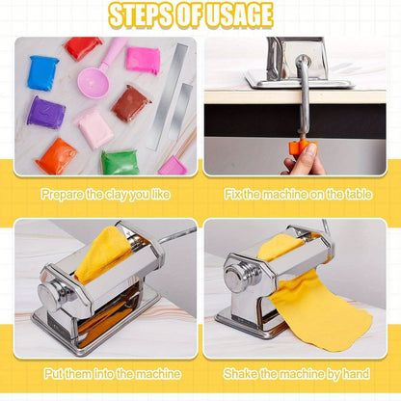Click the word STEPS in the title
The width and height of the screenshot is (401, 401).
pyautogui.click(x=143, y=15)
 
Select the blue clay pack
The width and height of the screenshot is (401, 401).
pyautogui.click(x=43, y=72)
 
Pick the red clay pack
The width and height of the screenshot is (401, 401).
pyautogui.click(x=83, y=47)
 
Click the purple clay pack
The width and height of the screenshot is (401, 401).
pyautogui.click(x=45, y=112)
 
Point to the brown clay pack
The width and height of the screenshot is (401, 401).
pyautogui.click(x=130, y=102)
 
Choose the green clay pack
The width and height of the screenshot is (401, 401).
pyautogui.click(x=120, y=161)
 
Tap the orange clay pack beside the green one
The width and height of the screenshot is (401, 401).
pyautogui.click(x=57, y=156)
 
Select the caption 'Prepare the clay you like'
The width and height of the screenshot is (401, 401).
pyautogui.click(x=105, y=194)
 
